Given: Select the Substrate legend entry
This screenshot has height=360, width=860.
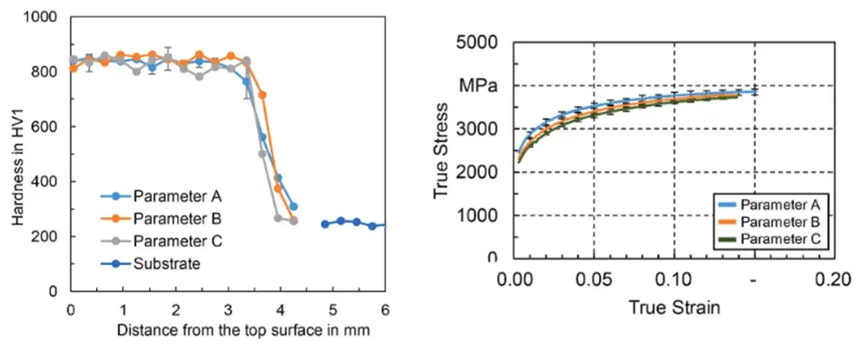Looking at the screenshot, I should pos(165,263).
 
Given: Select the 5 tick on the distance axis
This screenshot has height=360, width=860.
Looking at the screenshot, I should pos(333,308).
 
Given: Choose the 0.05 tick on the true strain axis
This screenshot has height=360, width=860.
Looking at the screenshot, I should pos(594,278).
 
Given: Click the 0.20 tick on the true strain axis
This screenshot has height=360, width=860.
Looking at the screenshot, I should pos(834,278).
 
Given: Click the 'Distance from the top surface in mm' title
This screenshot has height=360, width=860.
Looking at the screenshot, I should pos(227,331).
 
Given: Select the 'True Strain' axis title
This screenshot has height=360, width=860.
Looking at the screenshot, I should pos(674,308).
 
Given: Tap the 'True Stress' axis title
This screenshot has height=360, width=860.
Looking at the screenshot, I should pos(442,150).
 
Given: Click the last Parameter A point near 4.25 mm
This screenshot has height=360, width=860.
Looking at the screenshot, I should pos(294,207).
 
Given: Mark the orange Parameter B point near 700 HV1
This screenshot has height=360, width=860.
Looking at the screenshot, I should pos(262,94).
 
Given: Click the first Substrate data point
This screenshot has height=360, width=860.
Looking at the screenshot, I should pos(325,224).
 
